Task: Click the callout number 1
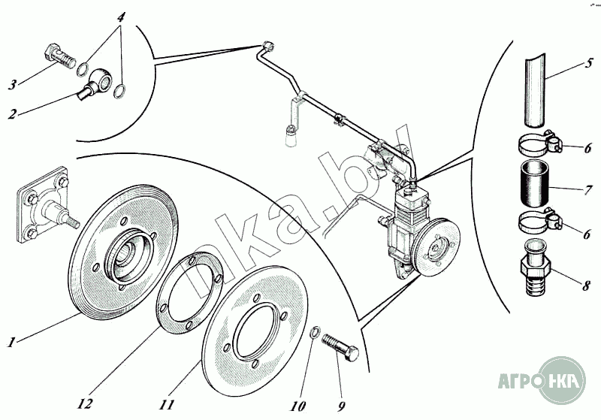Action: click(x=12, y=343)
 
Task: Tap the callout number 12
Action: click(x=84, y=403)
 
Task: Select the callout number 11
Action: click(x=166, y=403)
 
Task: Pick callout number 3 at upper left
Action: click(x=12, y=85)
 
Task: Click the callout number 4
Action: click(x=121, y=16)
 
